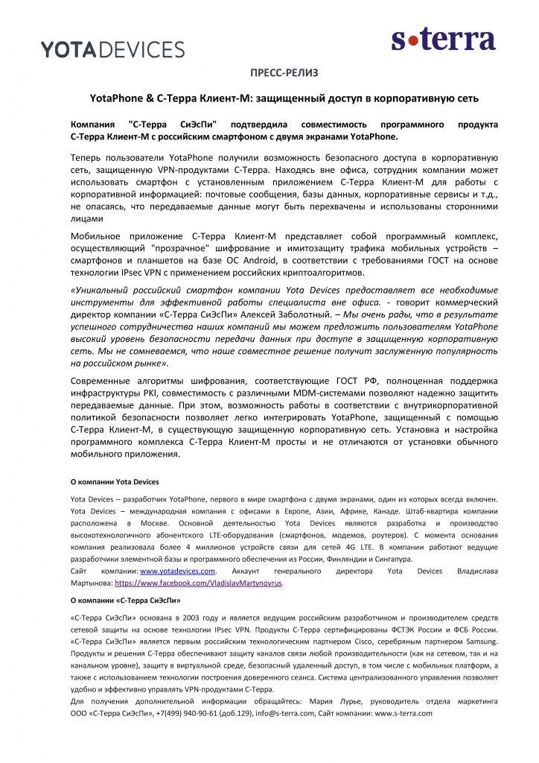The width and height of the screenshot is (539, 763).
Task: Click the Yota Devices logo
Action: pos(112,49)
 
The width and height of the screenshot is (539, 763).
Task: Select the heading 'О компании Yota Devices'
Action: pos(114,481)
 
